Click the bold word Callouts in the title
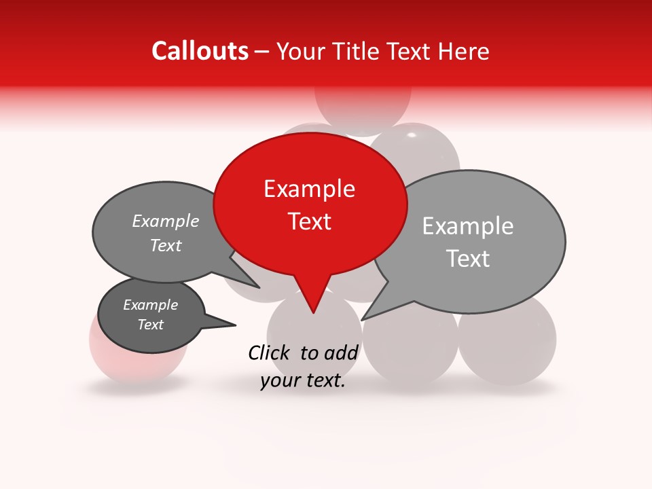pyautogui.click(x=200, y=51)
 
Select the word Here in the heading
pyautogui.click(x=461, y=52)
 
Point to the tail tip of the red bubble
pyautogui.click(x=313, y=313)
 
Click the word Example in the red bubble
pyautogui.click(x=309, y=189)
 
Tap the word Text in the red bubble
pyautogui.click(x=310, y=221)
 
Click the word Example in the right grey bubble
pyautogui.click(x=468, y=226)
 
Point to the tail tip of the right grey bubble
pyautogui.click(x=362, y=319)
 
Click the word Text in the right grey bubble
pyautogui.click(x=468, y=259)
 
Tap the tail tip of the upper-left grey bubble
pyautogui.click(x=259, y=287)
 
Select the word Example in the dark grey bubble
pyautogui.click(x=151, y=305)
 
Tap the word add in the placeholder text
pyautogui.click(x=342, y=352)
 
